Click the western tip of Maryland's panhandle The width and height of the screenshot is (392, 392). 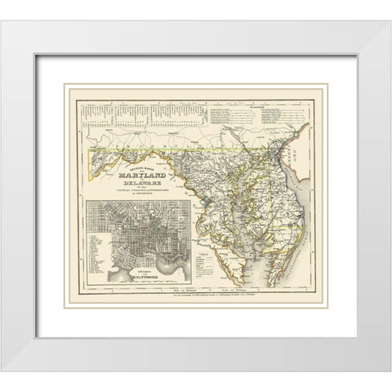pyautogui.click(x=91, y=150)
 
